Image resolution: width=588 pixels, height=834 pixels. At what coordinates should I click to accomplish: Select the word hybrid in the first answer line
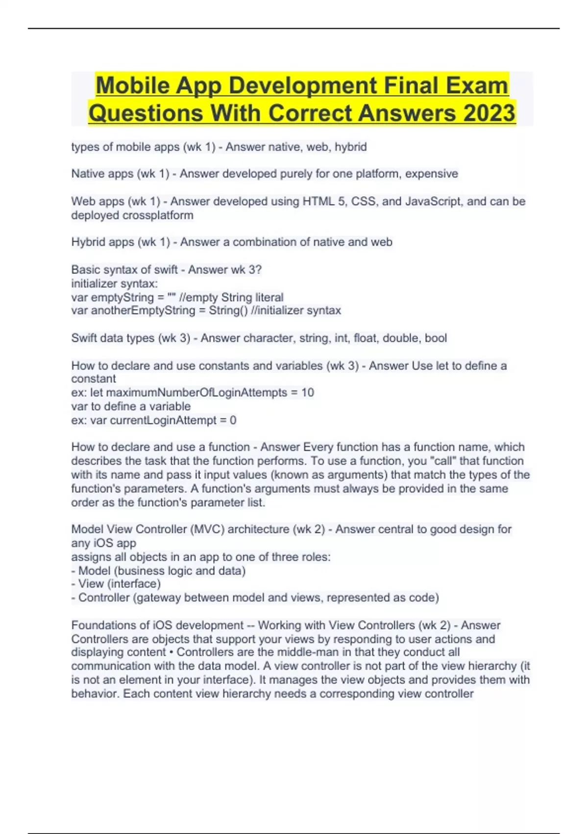(350, 147)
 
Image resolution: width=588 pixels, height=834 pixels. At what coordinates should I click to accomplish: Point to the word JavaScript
(434, 201)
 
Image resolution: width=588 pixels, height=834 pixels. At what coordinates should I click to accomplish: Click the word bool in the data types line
(436, 338)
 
